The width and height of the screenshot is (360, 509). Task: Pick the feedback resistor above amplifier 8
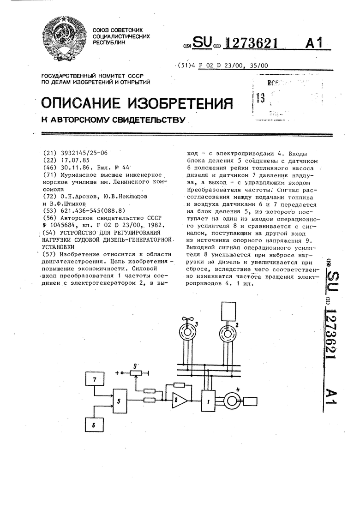pyautogui.click(x=180, y=384)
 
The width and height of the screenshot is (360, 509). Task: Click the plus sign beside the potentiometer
pyautogui.click(x=117, y=371)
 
